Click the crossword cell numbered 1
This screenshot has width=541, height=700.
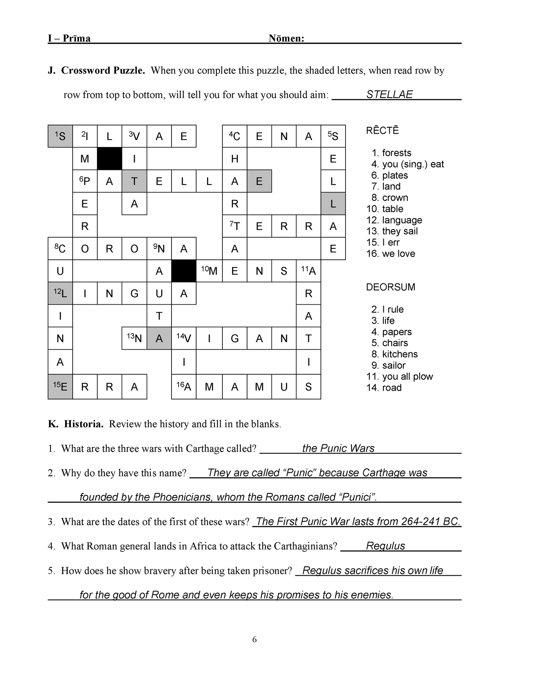[x=60, y=136]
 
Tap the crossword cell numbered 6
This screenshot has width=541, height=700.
[x=85, y=181]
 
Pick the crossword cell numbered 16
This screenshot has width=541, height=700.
[x=184, y=387]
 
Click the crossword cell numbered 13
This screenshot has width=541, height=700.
[x=134, y=338]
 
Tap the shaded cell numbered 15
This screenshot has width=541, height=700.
[x=60, y=387]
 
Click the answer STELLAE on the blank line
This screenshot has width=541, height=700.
[x=389, y=94]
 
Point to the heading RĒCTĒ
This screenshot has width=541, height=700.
[x=382, y=131]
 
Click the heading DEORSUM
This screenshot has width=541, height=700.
[x=390, y=287]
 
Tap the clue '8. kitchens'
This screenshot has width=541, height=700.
[x=394, y=354]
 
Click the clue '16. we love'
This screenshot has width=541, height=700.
[x=390, y=254]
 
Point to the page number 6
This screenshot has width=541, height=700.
[x=255, y=639]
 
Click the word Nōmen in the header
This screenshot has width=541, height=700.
[x=286, y=39]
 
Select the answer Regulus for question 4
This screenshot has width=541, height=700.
[x=385, y=546]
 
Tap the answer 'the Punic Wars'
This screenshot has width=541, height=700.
[x=338, y=448]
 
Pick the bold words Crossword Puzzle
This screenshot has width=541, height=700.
[x=103, y=70]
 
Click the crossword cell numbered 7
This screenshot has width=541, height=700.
[x=235, y=226]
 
